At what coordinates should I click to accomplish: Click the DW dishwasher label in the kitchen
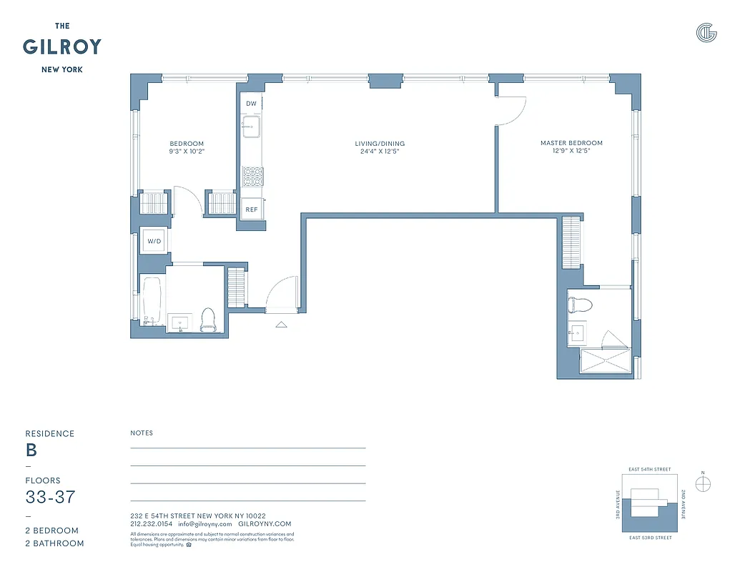(251, 104)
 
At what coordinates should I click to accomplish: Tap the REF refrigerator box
(251, 209)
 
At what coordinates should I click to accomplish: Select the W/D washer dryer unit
(155, 242)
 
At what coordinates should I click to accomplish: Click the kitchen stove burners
(252, 175)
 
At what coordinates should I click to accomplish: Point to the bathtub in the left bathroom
(151, 301)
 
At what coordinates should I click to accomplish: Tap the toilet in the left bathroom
(208, 320)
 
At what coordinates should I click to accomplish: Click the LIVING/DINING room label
(380, 144)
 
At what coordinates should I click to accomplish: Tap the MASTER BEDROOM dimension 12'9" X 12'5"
(571, 151)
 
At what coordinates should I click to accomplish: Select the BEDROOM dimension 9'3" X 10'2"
(187, 152)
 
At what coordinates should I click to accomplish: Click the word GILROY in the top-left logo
(62, 47)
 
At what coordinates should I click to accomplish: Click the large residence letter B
(31, 450)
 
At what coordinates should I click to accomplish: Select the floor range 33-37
(50, 497)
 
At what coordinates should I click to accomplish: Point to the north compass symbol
(704, 484)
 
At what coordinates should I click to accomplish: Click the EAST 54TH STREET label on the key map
(649, 470)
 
